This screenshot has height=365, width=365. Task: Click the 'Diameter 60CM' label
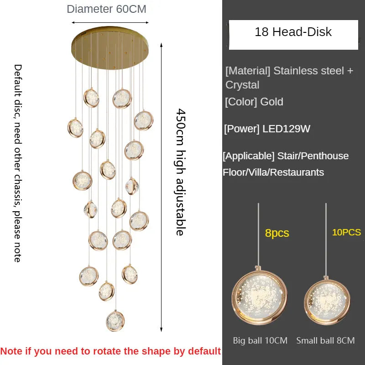pos(106,9)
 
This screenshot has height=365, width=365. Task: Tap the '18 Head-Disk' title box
pos(293,35)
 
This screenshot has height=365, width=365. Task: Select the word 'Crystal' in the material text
pos(242,85)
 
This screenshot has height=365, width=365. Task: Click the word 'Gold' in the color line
pos(271,102)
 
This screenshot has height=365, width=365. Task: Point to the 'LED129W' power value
pos(287,129)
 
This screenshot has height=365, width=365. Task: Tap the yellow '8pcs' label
pos(277,233)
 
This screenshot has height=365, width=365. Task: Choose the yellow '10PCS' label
pos(346,232)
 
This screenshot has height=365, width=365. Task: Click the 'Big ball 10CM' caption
pos(260,340)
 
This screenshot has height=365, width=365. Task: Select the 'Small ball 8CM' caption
pos(325,340)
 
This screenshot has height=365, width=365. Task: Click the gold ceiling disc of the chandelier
pos(110,48)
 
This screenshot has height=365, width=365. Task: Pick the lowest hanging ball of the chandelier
pos(115,321)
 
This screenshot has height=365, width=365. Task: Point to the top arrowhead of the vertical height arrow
pos(161,45)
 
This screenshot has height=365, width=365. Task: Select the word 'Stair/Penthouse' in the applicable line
pos(313,156)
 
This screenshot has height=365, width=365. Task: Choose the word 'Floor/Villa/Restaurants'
pos(273,172)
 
